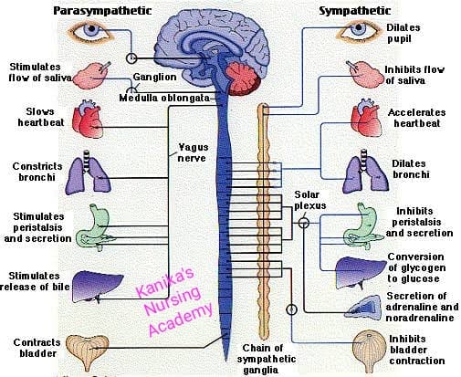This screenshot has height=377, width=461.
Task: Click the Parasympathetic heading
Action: click(102, 11)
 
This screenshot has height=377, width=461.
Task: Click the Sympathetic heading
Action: click(354, 11)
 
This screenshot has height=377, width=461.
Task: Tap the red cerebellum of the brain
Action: click(243, 79)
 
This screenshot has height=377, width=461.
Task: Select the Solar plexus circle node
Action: click(304, 223)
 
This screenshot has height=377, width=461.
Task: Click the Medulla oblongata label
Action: click(164, 98)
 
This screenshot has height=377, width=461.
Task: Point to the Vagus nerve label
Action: click(193, 152)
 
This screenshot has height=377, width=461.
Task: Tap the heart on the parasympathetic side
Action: click(88, 119)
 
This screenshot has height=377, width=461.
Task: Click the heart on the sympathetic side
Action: click(367, 118)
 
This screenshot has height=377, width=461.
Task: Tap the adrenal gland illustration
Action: click(363, 308)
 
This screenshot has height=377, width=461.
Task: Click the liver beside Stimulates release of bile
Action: click(98, 287)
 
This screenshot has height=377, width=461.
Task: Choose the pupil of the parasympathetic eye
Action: click(91, 29)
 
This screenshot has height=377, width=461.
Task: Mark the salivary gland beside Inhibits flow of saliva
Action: click(365, 74)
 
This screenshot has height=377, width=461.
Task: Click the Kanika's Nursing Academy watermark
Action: click(174, 301)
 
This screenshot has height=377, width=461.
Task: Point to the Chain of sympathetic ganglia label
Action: click(266, 359)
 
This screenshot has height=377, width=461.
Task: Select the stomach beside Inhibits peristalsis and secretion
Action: click(363, 225)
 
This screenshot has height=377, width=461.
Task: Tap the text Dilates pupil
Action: click(403, 33)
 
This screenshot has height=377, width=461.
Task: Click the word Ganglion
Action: click(154, 77)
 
